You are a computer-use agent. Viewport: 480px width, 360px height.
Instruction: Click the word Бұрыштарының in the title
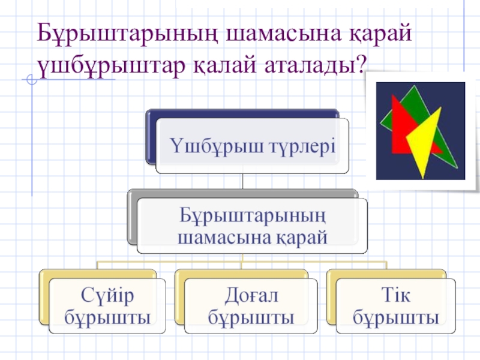coord(127,34)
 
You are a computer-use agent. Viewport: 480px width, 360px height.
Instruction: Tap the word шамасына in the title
coord(283,34)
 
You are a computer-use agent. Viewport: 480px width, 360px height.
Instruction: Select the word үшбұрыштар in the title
coord(111,66)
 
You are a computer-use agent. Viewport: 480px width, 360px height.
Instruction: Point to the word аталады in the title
coord(311,66)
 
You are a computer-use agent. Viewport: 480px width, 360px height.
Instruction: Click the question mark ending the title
coord(362,64)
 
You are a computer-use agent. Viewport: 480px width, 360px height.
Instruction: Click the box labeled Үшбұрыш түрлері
coord(252,146)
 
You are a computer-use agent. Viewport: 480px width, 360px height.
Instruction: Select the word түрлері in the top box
coord(302,146)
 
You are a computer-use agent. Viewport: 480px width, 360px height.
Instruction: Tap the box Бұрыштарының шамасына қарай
coord(252,226)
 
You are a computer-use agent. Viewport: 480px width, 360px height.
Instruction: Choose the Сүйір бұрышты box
coord(107,306)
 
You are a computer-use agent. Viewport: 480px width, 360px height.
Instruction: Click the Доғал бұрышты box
coord(251,306)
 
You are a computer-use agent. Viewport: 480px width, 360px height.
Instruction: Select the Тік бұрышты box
coord(396,306)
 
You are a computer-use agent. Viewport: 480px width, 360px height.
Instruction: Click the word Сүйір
coord(107,296)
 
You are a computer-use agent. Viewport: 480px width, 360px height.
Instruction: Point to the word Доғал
coord(251,296)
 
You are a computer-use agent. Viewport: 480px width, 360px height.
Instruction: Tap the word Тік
coord(396,295)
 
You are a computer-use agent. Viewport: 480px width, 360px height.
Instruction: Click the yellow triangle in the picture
coord(424,141)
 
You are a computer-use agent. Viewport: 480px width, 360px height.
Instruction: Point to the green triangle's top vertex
coord(415,86)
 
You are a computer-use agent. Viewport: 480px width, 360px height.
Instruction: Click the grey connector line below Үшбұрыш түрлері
coord(242,182)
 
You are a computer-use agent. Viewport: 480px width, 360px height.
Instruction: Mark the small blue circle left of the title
coord(32,80)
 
